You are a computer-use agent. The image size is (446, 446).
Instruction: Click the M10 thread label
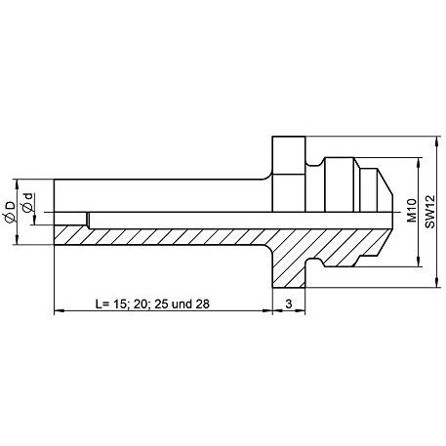(x=412, y=211)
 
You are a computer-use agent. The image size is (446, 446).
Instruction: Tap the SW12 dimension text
(x=429, y=212)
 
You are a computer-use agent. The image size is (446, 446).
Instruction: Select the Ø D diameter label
(x=10, y=212)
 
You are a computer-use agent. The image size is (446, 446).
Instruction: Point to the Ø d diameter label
(x=28, y=203)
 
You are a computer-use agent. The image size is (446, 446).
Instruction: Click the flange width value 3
(x=289, y=304)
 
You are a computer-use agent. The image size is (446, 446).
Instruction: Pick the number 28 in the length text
(x=202, y=304)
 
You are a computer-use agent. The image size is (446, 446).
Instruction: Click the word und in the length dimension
(x=182, y=304)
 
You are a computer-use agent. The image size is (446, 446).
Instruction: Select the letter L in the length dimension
(x=99, y=304)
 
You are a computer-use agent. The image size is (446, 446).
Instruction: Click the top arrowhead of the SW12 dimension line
(x=437, y=141)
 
